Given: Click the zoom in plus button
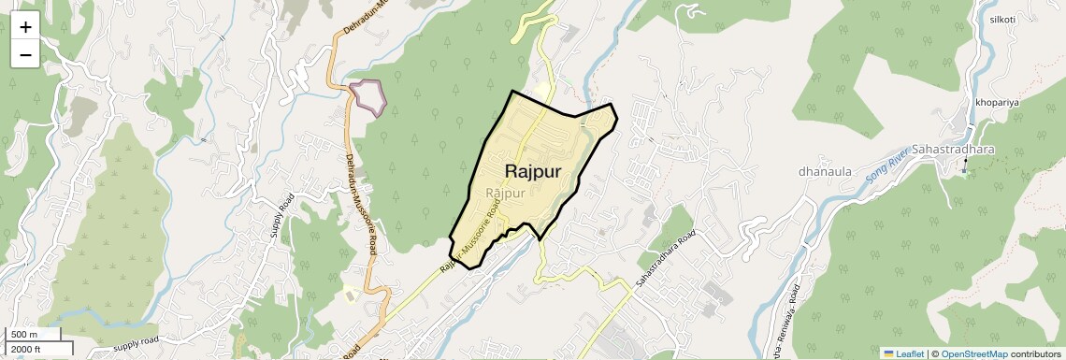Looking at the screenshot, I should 25,26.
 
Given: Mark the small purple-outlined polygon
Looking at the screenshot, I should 368,95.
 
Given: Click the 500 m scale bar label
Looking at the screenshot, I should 24,335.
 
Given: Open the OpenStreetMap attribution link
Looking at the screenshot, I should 973,353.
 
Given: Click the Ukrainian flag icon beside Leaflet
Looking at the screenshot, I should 888,353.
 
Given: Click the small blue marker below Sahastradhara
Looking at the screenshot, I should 964,171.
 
